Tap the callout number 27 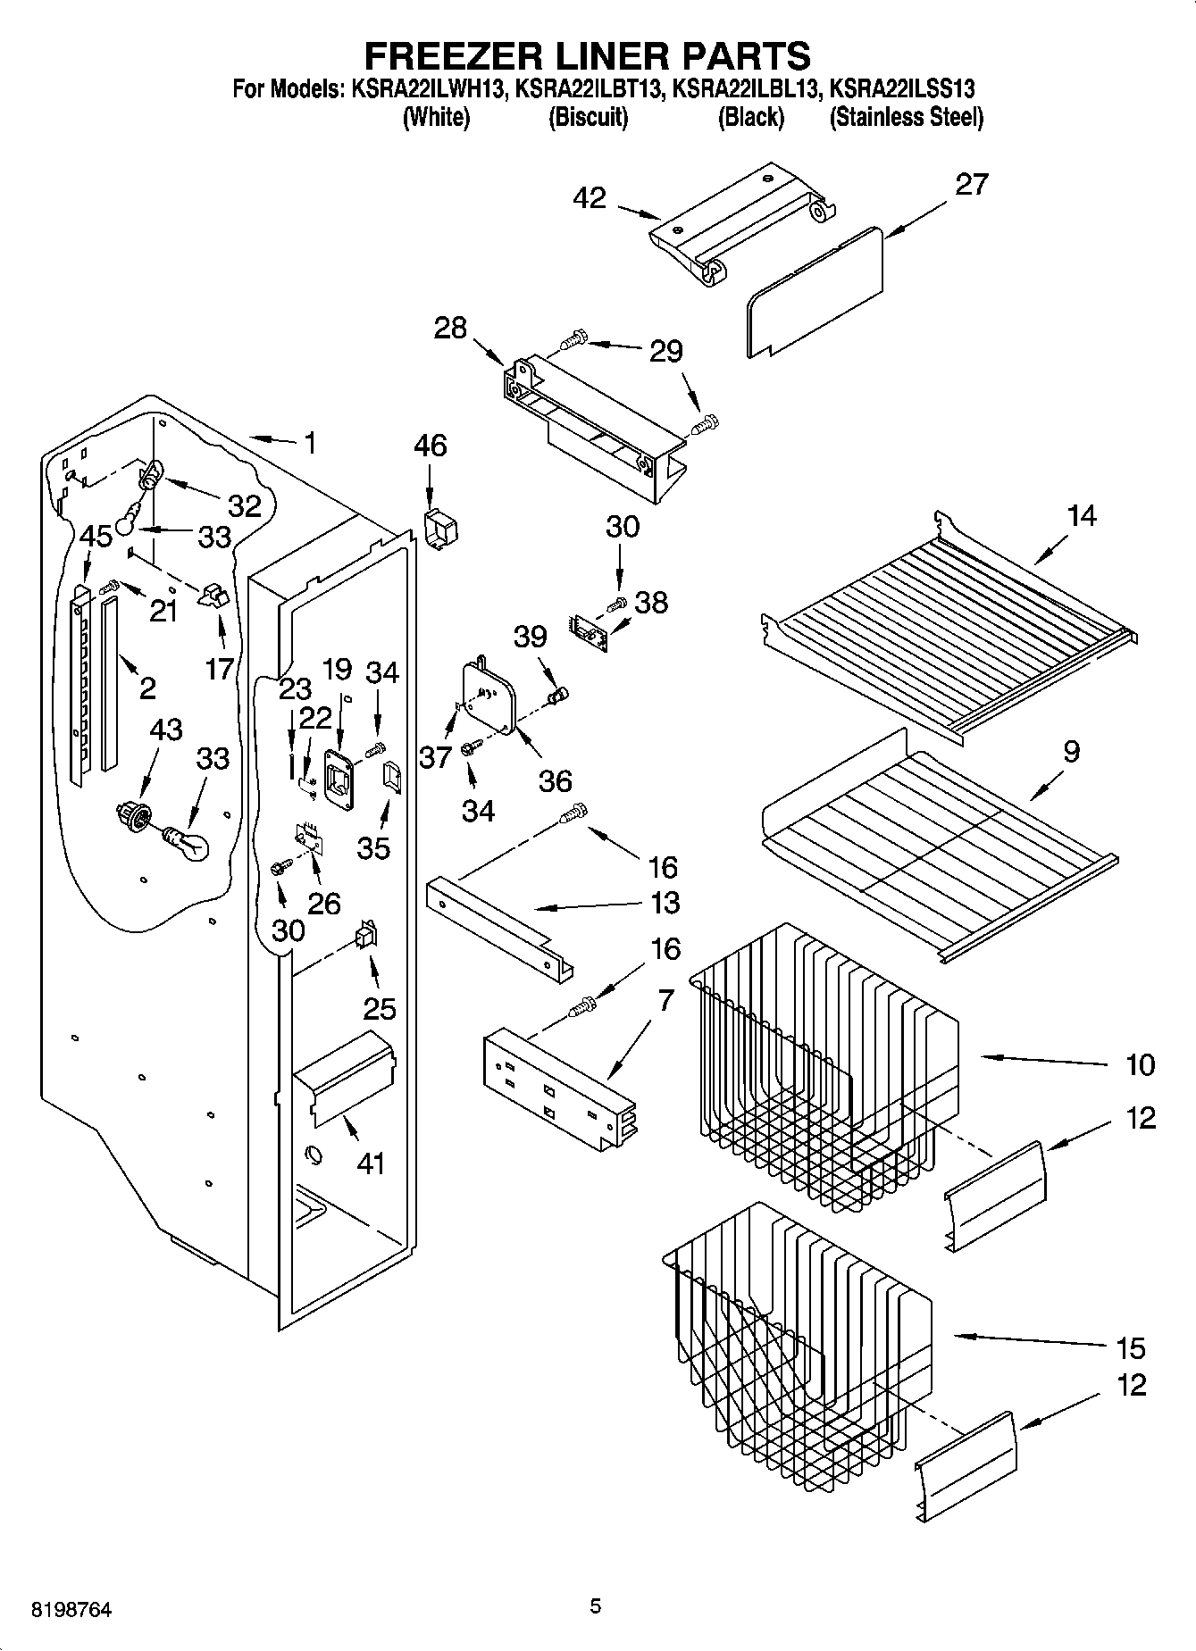coord(972,184)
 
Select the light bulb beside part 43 coord(189,841)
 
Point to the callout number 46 coord(431,445)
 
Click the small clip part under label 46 coord(440,529)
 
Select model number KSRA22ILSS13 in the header coord(902,88)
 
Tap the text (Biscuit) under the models coord(588,117)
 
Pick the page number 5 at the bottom coord(596,1606)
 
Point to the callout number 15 coord(1129,1347)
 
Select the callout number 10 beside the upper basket coord(1141,1064)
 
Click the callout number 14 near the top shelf coord(1082,515)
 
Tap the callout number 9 coord(1071,751)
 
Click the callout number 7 coord(665,1002)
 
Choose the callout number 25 coord(379,1009)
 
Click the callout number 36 coord(555,780)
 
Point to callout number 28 coord(450,328)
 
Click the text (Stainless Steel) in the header coord(907,117)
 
